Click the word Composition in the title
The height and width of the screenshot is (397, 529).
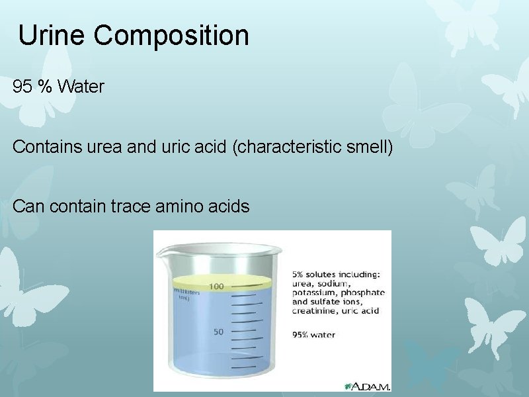click(x=171, y=36)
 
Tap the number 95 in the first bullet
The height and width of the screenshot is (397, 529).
click(x=22, y=87)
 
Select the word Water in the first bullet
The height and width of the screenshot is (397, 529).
click(x=81, y=87)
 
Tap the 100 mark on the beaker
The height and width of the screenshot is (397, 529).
click(x=216, y=286)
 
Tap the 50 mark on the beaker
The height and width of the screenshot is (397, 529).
click(x=218, y=331)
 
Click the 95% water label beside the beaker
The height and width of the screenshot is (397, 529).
click(x=313, y=335)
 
